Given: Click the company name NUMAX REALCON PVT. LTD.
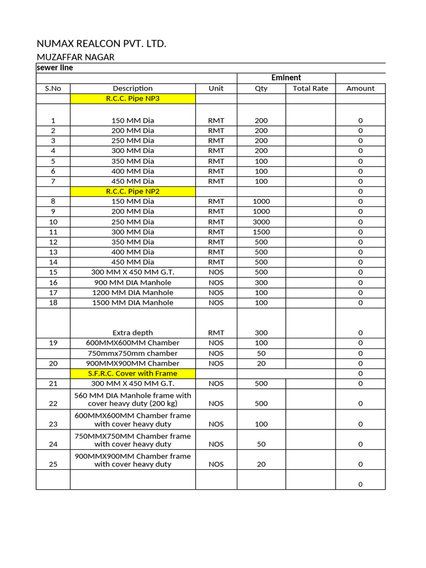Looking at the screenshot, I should tap(101, 43).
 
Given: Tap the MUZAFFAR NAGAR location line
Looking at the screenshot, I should tap(75, 57).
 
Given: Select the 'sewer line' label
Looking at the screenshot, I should tap(54, 68).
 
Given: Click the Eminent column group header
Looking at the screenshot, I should tap(286, 78).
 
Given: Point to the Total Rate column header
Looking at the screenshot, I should tap(310, 88).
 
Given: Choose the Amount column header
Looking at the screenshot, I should tap(360, 88).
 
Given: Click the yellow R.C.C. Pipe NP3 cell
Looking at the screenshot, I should tap(133, 99).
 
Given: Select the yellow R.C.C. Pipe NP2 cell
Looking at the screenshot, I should tap(133, 191).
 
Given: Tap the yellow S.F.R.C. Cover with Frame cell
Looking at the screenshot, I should tap(133, 373).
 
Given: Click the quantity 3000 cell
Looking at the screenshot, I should tap(261, 221).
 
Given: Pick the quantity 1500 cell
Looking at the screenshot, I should tap(261, 232).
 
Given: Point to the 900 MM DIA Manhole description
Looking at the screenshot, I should tap(133, 282).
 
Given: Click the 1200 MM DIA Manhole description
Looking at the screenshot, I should tap(133, 292).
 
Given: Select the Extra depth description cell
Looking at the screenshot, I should tap(133, 333).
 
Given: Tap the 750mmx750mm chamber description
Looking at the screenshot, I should tap(133, 353).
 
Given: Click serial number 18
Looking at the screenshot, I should tap(53, 302).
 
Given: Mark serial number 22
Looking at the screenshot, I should tap(53, 403).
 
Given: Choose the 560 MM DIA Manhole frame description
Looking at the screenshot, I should tap(133, 399).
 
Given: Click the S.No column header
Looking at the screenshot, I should tap(53, 88).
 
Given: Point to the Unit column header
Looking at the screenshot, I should tap(216, 88).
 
